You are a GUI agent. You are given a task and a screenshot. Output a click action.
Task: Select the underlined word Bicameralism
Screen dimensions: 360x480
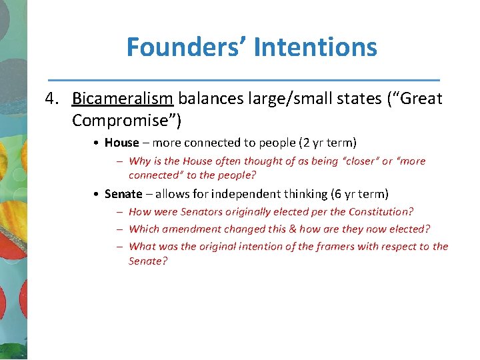point(123,99)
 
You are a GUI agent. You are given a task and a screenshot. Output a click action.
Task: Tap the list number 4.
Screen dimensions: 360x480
point(51,99)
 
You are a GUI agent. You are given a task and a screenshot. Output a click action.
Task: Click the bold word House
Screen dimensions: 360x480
point(121,143)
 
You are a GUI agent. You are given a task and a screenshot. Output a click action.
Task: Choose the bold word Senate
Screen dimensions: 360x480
point(123,194)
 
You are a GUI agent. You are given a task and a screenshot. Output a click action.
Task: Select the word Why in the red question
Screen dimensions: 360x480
point(139,161)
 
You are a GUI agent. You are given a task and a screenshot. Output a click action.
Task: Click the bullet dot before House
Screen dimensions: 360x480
point(97,143)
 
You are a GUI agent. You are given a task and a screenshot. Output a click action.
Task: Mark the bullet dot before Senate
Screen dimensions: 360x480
point(97,195)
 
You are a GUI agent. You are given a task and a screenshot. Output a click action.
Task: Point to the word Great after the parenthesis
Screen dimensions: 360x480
point(420,99)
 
